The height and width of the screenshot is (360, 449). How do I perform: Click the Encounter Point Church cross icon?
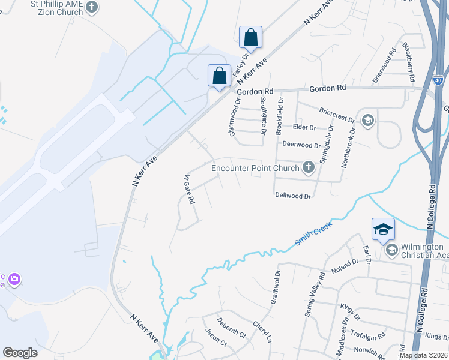click(x=309, y=167)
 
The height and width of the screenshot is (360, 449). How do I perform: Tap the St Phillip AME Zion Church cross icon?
click(x=92, y=7)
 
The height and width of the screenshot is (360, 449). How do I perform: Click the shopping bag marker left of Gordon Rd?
click(x=219, y=76)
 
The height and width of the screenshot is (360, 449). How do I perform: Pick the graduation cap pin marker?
click(x=383, y=229)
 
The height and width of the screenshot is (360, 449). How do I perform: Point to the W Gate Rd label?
click(x=189, y=189)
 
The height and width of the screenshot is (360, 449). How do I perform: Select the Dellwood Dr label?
click(x=293, y=196)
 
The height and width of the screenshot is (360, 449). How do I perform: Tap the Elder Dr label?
click(x=304, y=127)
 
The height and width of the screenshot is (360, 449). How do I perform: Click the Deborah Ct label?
click(x=231, y=327)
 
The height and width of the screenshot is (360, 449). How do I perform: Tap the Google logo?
click(x=20, y=353)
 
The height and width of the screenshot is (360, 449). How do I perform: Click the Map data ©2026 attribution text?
click(x=423, y=355)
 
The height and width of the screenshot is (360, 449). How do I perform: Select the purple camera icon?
click(x=15, y=279)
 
